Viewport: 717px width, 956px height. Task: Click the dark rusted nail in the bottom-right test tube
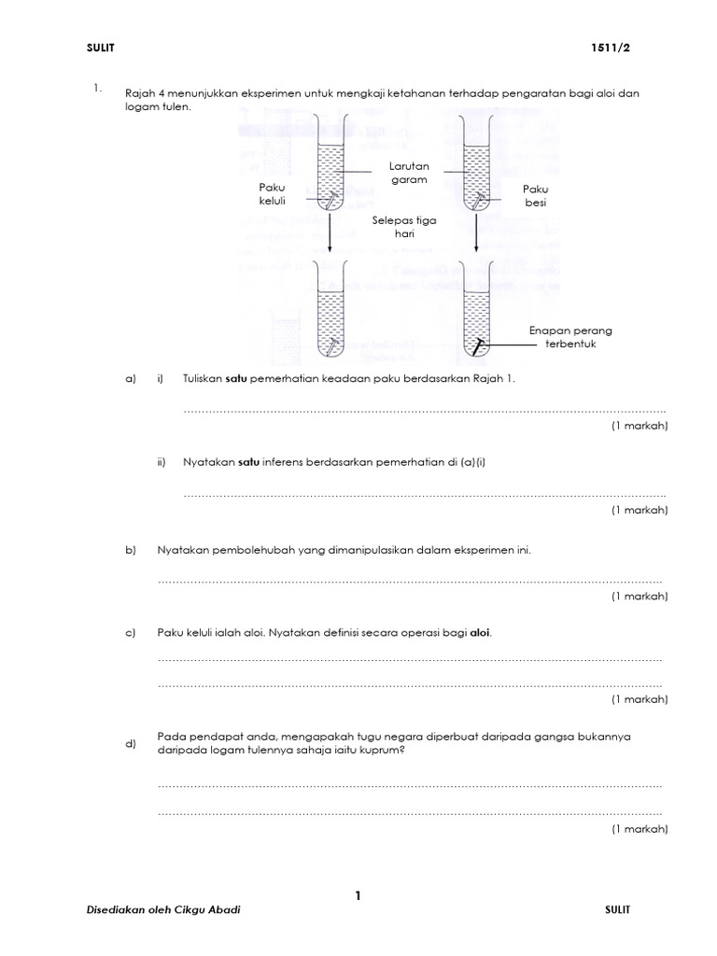(476, 346)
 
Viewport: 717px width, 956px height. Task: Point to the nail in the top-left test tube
(330, 198)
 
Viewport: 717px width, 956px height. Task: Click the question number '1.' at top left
(96, 89)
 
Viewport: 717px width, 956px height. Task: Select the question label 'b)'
(131, 550)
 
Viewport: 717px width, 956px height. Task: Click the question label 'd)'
(131, 743)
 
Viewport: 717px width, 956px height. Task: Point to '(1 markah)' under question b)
(640, 596)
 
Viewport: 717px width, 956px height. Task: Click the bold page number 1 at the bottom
(358, 896)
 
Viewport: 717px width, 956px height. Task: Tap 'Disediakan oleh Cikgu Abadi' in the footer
(163, 910)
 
